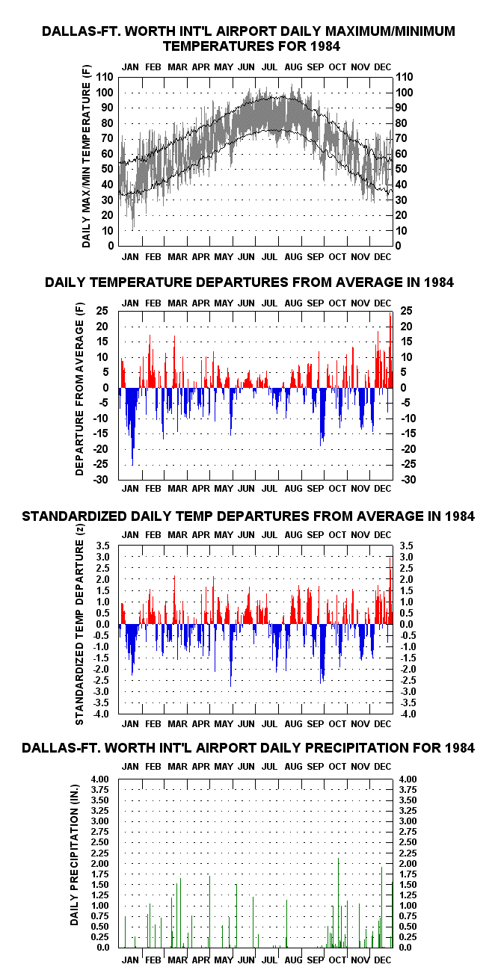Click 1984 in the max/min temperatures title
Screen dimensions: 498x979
[325, 46]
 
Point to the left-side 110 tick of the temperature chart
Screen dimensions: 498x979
[105, 77]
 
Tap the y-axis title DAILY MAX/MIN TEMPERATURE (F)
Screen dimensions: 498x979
[86, 156]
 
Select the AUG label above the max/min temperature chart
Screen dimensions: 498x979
[293, 67]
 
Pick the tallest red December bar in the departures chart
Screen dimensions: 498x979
[390, 350]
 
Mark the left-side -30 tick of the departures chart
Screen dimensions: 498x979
[100, 480]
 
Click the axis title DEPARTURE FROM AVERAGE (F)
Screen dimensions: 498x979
[79, 389]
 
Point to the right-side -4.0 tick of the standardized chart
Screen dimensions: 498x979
[407, 714]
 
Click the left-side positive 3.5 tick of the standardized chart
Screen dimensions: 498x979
[102, 546]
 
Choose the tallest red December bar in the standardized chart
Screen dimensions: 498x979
[390, 590]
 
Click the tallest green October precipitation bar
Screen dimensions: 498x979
[339, 903]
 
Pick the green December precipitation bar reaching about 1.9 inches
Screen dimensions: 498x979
[381, 907]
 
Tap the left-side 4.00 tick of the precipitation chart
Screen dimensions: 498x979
[99, 779]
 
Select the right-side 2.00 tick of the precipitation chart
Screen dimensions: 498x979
[408, 864]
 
